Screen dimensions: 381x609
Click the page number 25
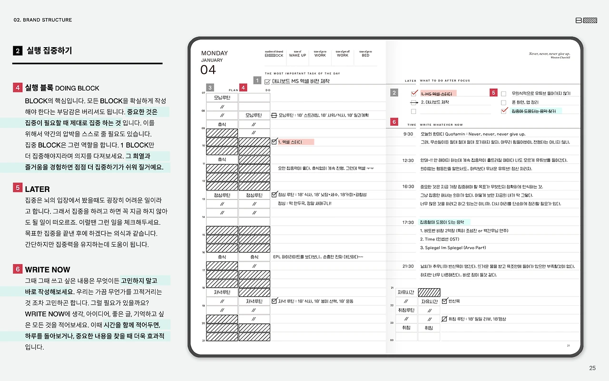[x=592, y=368]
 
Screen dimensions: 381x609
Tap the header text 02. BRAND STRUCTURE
[x=43, y=20]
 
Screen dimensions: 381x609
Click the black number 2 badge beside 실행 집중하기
[x=18, y=50]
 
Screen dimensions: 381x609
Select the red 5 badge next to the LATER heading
[x=18, y=188]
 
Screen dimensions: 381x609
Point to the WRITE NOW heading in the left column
[x=48, y=270]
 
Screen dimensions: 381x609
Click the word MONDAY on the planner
[x=215, y=53]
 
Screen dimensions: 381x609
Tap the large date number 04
[x=208, y=70]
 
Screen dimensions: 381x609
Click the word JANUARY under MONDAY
[x=212, y=60]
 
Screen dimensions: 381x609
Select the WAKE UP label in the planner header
[x=297, y=55]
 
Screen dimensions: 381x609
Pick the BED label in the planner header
[x=365, y=55]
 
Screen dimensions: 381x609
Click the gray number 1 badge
[x=257, y=80]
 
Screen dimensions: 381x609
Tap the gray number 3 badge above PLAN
[x=210, y=88]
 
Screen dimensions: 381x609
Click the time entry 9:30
[x=408, y=134]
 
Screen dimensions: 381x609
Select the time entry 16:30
[x=408, y=187]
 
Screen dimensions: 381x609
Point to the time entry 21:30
[x=408, y=266]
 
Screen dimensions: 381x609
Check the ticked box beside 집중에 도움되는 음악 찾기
[x=504, y=111]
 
